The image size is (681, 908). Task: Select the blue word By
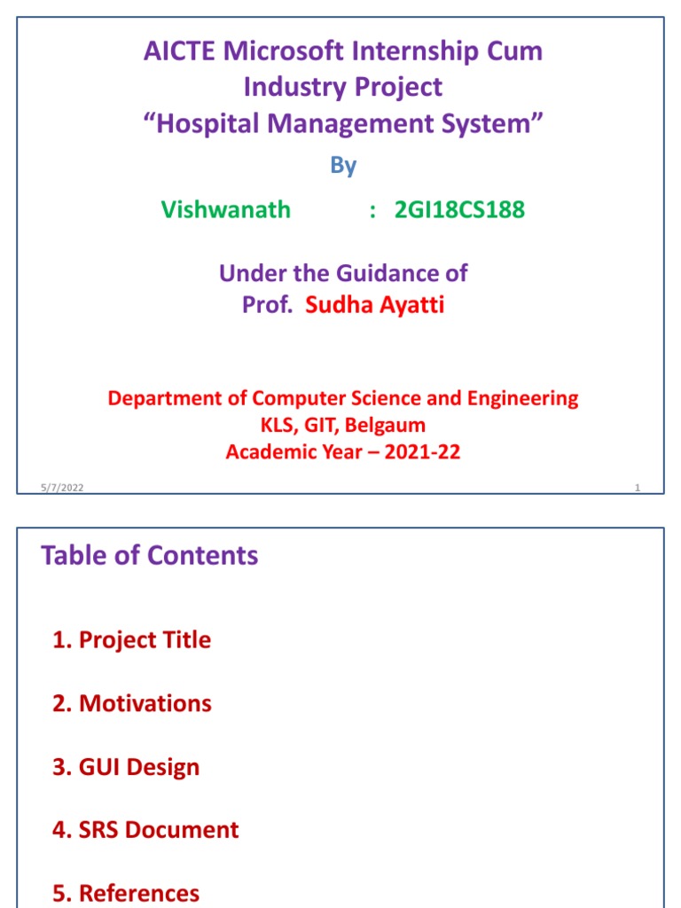coord(343,166)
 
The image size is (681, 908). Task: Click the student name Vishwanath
coord(225,210)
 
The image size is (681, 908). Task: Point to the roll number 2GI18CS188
coord(459,210)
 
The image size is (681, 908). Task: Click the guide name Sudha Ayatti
coord(374,306)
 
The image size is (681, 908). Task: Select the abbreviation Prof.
coord(267,306)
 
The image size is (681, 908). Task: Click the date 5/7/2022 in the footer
coord(61,488)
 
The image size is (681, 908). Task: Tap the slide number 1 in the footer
coord(637,488)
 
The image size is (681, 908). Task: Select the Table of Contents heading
coord(150,556)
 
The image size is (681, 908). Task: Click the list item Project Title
coord(132,640)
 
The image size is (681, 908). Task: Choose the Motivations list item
coord(132,704)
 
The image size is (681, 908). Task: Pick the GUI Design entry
coord(126,767)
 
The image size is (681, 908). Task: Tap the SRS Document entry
coord(145,830)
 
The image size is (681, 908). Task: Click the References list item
coord(126,893)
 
